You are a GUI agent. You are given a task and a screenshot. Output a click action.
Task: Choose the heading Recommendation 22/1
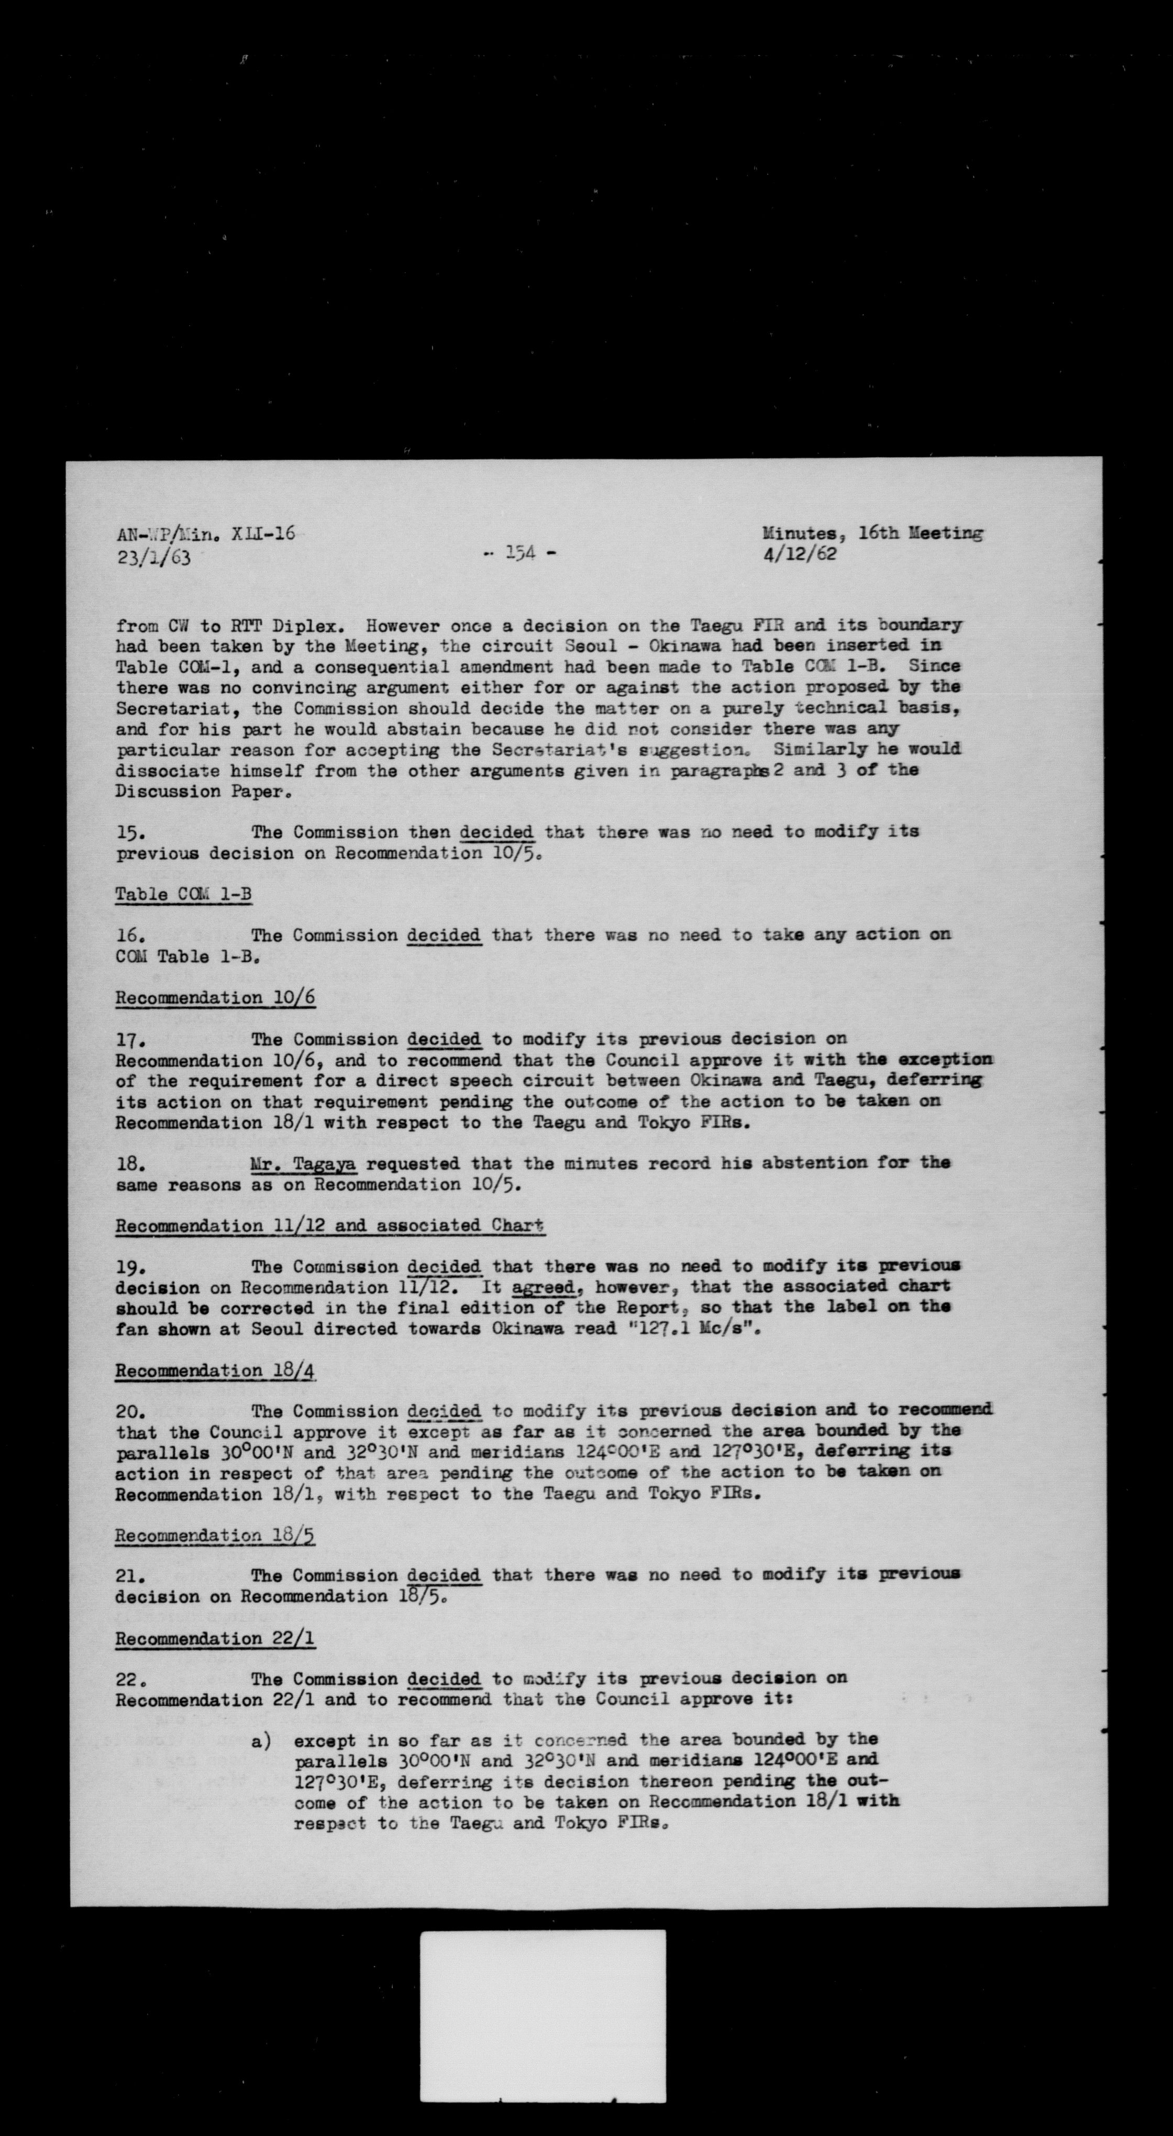click(215, 1639)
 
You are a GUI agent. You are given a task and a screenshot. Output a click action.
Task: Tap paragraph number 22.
click(131, 1680)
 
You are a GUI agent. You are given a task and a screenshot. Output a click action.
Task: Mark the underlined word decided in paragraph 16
click(444, 936)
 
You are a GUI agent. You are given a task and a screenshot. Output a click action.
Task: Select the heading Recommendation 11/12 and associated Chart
click(329, 1226)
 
